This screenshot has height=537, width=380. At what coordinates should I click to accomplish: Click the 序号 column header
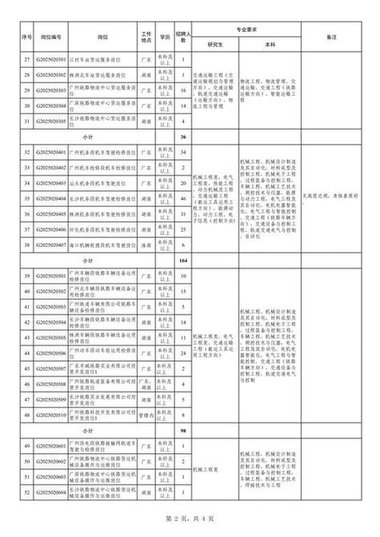26,37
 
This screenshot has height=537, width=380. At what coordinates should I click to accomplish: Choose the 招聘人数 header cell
183,37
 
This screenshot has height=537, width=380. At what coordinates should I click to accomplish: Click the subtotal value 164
183,261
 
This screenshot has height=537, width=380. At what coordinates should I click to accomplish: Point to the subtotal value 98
183,432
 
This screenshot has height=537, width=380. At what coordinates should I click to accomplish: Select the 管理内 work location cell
146,416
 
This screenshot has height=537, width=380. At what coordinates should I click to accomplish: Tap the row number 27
26,58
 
